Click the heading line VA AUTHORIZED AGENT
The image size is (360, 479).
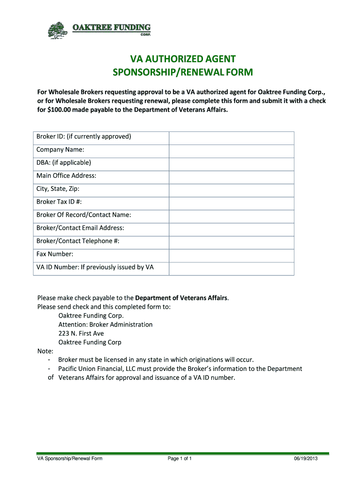coord(182,59)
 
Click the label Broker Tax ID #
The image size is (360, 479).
coord(62,202)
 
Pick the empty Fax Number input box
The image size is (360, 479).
coord(231,255)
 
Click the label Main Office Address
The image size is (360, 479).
coord(66,176)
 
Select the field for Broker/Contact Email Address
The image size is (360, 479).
coord(231,229)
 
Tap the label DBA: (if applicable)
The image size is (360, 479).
coord(64,163)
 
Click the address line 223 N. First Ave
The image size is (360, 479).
coord(81,334)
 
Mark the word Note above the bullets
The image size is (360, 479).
coord(45,351)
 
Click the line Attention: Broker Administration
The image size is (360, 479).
coord(105,325)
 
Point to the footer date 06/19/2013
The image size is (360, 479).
coord(306,458)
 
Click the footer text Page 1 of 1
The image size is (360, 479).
coord(180,458)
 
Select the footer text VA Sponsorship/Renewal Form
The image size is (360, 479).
coord(70,458)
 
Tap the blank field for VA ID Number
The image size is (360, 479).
coord(231,268)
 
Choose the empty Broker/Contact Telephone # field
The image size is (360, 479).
coord(231,242)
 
